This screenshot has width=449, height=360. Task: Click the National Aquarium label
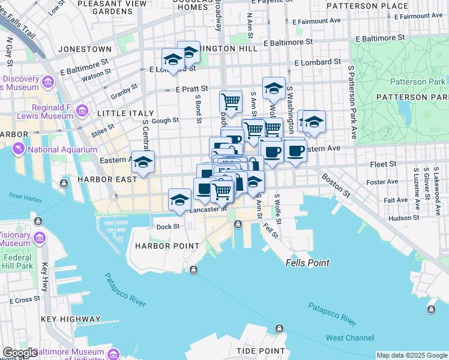(62, 149)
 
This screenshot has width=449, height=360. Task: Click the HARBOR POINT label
(167, 246)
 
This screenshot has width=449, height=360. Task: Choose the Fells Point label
(307, 263)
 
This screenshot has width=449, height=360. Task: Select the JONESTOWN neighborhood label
(84, 49)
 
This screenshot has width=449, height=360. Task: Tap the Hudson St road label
(401, 218)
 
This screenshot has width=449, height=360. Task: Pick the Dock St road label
(168, 227)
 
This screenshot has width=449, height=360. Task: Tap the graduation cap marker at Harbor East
(143, 162)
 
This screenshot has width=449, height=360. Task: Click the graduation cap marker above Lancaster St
(179, 200)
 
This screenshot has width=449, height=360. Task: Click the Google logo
(20, 353)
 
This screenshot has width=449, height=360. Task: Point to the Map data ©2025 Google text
(412, 355)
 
